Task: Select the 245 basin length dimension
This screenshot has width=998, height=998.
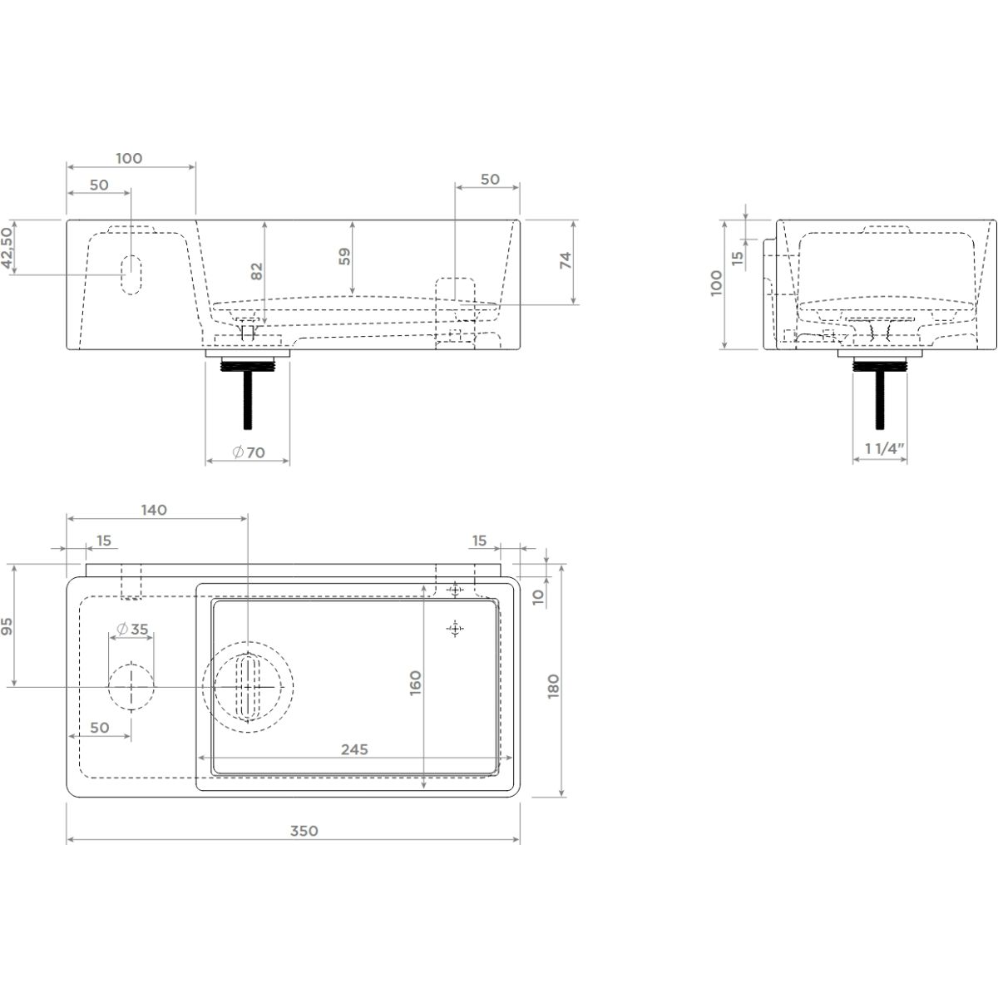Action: [x=354, y=749]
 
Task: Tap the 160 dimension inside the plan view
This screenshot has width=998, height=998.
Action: [x=415, y=683]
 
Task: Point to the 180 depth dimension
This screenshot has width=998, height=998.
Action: [x=553, y=686]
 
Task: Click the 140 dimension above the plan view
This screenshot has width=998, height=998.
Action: [x=154, y=510]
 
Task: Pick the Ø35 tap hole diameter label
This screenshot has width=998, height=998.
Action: [x=132, y=630]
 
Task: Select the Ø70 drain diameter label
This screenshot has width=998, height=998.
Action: [x=249, y=452]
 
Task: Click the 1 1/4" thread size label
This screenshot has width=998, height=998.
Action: [x=881, y=448]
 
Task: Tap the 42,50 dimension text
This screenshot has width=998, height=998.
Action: [x=7, y=249]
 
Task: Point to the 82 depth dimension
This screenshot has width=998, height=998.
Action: [x=257, y=271]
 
